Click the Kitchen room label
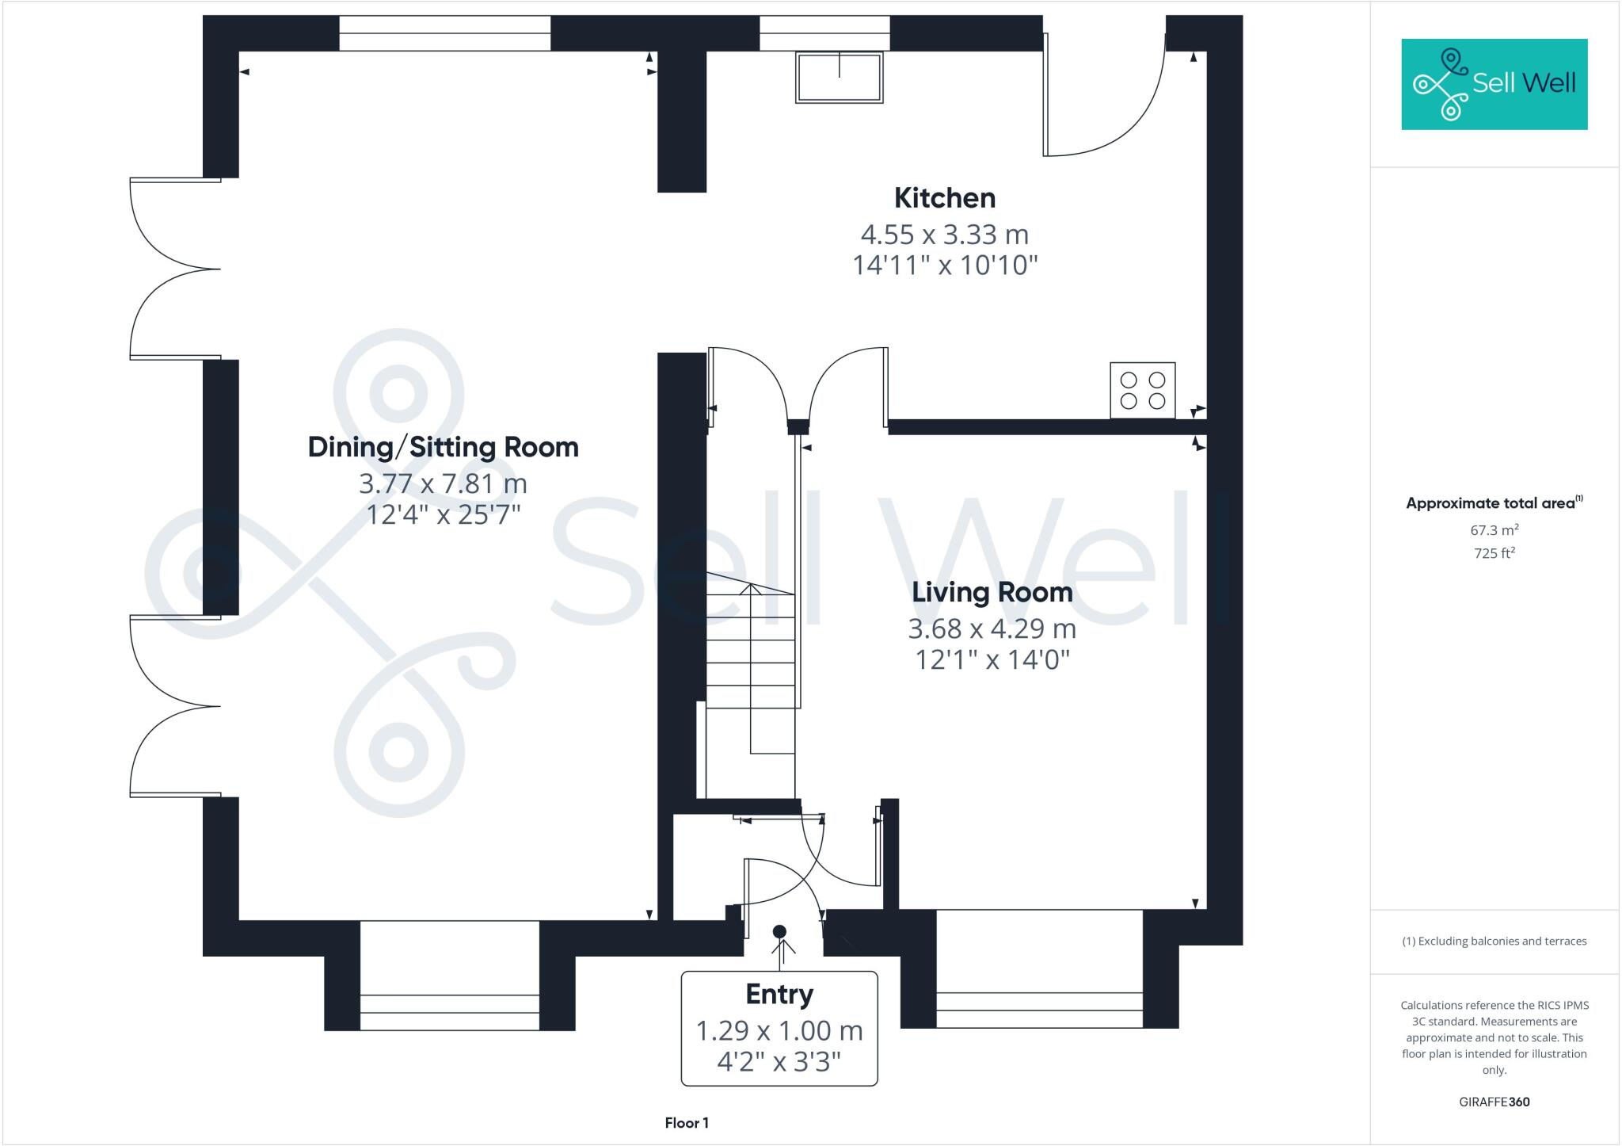[944, 197]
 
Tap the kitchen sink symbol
[839, 77]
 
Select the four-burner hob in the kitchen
[1142, 390]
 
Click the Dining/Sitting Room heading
[443, 447]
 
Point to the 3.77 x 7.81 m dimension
[443, 483]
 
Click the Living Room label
[992, 592]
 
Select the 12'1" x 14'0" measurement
[992, 659]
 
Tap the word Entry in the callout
[779, 994]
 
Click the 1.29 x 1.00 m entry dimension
[779, 1030]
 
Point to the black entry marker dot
[779, 931]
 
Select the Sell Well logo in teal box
[1494, 83]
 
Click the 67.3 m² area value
[1494, 530]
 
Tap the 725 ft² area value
[1494, 553]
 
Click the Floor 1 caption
[687, 1122]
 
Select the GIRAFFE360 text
[1494, 1102]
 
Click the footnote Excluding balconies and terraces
[1494, 942]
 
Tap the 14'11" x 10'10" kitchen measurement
[944, 265]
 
